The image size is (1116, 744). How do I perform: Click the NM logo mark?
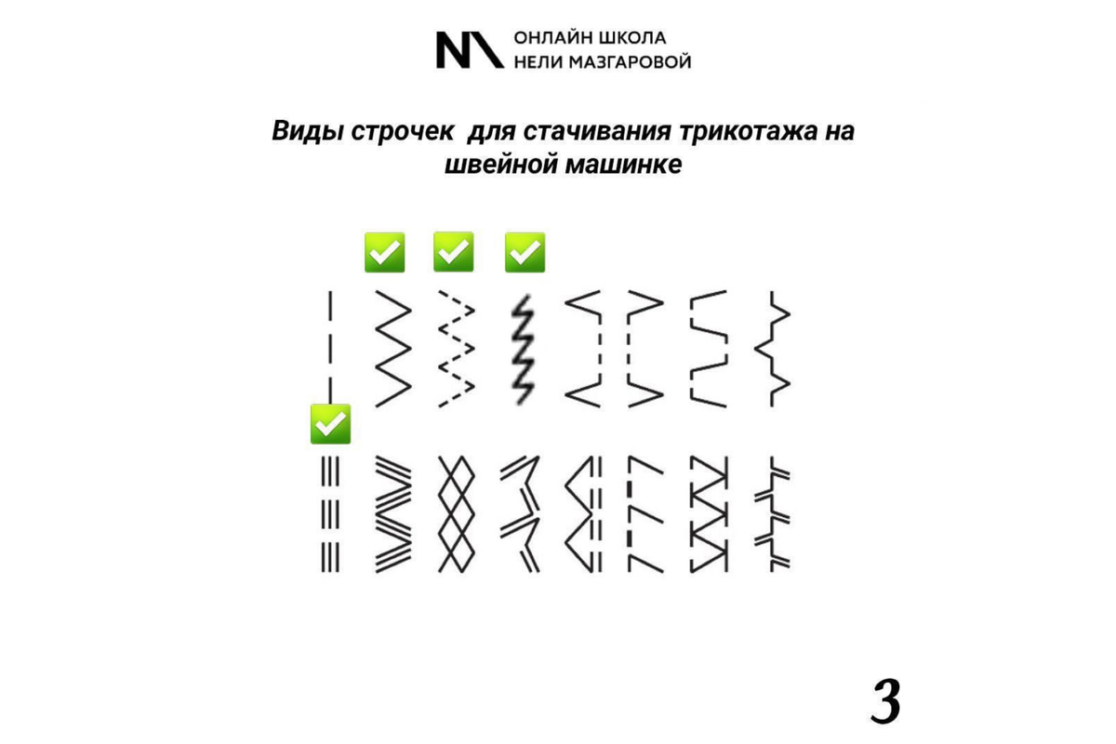tap(470, 50)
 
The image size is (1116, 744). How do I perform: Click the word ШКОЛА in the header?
tap(633, 38)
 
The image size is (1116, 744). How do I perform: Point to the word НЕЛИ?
tap(536, 62)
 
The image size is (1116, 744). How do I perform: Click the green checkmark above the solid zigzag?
tap(384, 252)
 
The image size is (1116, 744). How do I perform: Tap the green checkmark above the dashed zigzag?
tap(454, 252)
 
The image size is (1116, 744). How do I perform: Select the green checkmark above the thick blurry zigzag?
tap(525, 252)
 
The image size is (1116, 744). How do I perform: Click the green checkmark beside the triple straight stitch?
tap(330, 424)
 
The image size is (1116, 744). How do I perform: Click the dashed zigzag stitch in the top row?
tap(456, 349)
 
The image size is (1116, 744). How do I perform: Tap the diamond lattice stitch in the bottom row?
tap(456, 513)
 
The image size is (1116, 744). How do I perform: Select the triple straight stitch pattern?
tap(330, 513)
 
